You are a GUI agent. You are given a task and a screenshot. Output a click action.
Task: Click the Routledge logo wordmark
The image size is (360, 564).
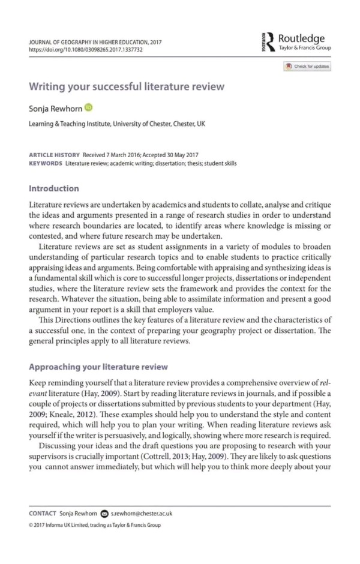[301, 38]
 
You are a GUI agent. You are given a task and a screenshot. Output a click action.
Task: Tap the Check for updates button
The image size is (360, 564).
[307, 67]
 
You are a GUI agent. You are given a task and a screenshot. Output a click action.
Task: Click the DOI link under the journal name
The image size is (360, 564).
[86, 50]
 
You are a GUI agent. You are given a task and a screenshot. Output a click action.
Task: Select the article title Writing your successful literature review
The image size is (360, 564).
[127, 86]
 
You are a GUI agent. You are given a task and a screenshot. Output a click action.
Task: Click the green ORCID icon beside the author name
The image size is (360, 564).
[89, 107]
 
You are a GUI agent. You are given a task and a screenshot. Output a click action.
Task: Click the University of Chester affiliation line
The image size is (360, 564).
[117, 124]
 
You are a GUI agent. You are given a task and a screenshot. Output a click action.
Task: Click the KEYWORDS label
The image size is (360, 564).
[46, 163]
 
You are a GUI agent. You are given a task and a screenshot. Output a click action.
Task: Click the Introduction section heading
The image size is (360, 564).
[54, 188]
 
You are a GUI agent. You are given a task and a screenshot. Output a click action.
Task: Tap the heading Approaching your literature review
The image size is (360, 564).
[98, 367]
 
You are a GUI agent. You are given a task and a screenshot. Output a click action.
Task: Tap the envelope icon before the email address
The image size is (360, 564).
[105, 514]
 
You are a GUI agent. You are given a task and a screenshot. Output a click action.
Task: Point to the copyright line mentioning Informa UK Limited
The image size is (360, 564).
[95, 525]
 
